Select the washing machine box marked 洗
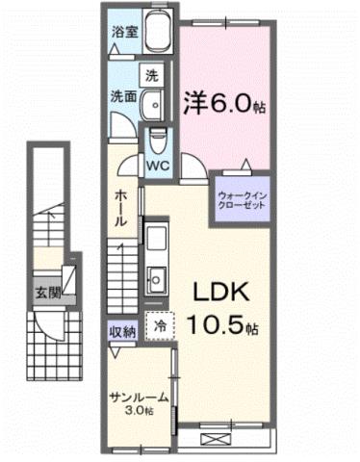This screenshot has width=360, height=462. click(152, 73)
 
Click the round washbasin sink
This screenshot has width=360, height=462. click(151, 103)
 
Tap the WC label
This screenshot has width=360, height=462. click(157, 165)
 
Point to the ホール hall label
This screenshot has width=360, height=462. click(120, 206)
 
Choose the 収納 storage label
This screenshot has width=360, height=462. click(122, 330)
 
